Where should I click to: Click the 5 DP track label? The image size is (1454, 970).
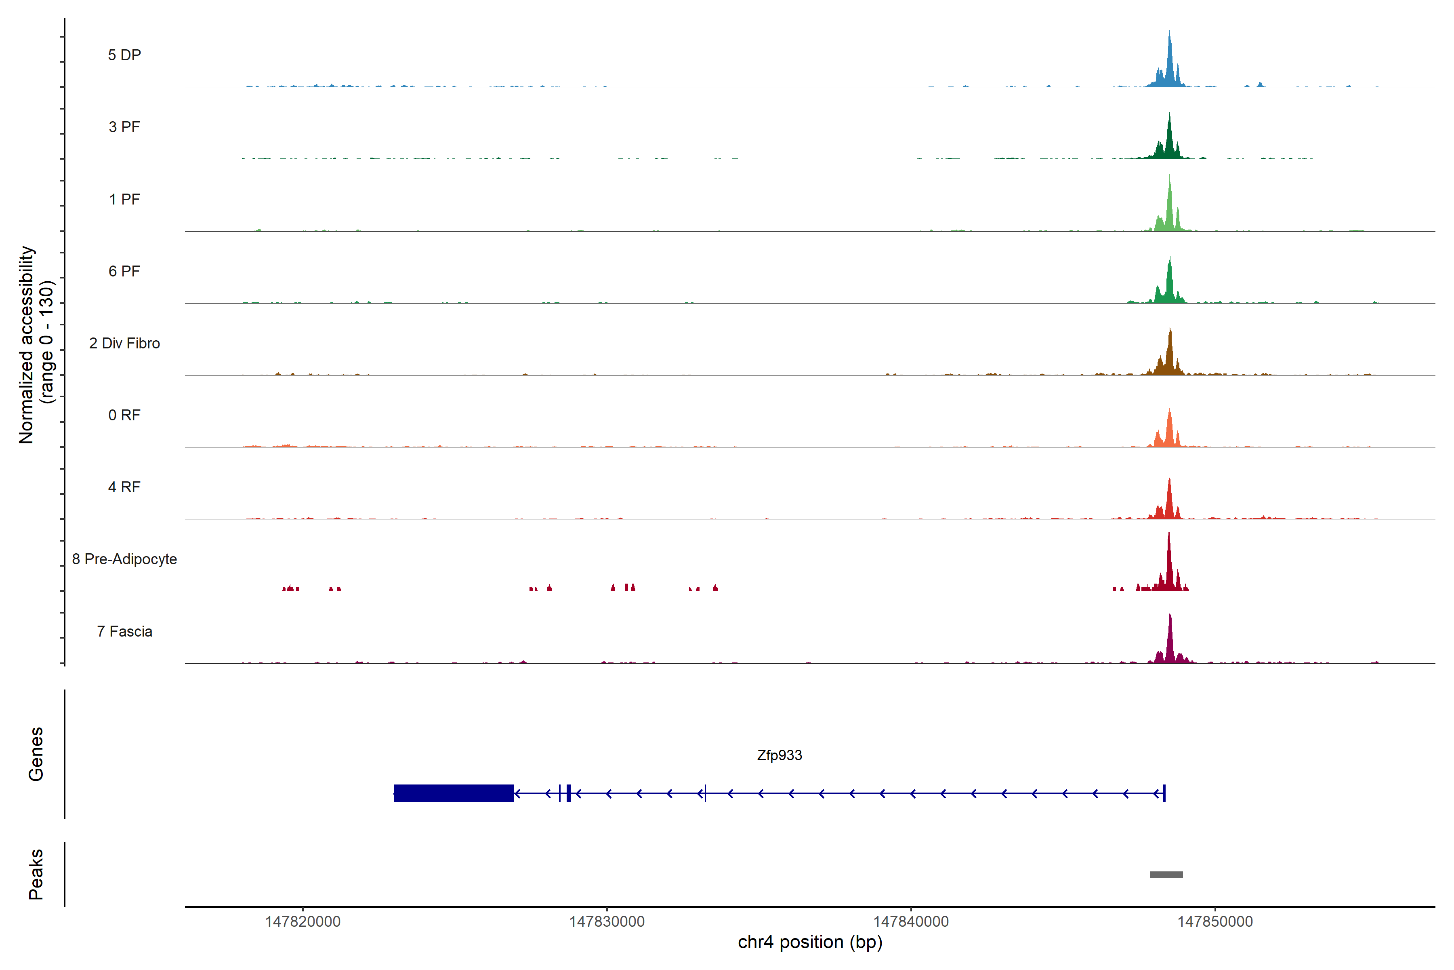[124, 55]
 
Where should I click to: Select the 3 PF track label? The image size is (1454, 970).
[124, 127]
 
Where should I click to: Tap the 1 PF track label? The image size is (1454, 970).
[124, 199]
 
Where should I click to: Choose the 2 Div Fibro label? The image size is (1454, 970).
[124, 343]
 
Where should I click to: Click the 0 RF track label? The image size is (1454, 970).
[124, 415]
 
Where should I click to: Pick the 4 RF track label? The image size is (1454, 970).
[124, 487]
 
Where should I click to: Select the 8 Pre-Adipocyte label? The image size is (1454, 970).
[124, 559]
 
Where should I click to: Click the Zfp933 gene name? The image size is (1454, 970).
[779, 755]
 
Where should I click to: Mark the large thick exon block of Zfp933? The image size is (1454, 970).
[453, 793]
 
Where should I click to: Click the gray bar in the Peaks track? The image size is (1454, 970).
[1166, 875]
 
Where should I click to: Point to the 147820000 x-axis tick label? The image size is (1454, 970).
[303, 922]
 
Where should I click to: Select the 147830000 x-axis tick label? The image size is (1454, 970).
[607, 922]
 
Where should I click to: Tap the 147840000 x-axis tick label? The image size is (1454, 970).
[911, 922]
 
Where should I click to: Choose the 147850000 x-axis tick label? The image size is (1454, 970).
[1215, 922]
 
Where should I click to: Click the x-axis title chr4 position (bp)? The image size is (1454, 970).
[810, 942]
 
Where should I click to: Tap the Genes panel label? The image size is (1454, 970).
[36, 754]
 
